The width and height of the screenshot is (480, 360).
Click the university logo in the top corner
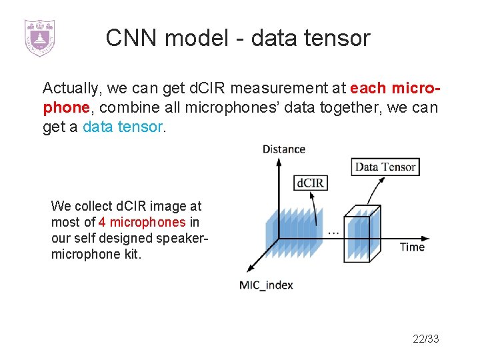(x=39, y=37)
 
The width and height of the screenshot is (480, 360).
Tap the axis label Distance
(x=284, y=149)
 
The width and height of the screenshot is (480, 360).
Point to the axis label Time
(x=412, y=247)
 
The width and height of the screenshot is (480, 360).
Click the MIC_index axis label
(x=266, y=285)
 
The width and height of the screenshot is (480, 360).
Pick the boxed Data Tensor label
(x=385, y=167)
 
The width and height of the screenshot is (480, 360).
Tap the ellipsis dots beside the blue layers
(x=332, y=233)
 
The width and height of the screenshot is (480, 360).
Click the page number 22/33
(x=426, y=339)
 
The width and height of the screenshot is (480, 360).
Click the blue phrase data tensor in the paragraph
(x=122, y=127)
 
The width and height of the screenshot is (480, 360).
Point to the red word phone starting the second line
(x=66, y=107)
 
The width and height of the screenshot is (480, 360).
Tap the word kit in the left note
(x=131, y=255)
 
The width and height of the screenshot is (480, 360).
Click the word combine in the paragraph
(x=125, y=107)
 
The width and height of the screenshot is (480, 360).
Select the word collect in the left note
(x=93, y=206)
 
